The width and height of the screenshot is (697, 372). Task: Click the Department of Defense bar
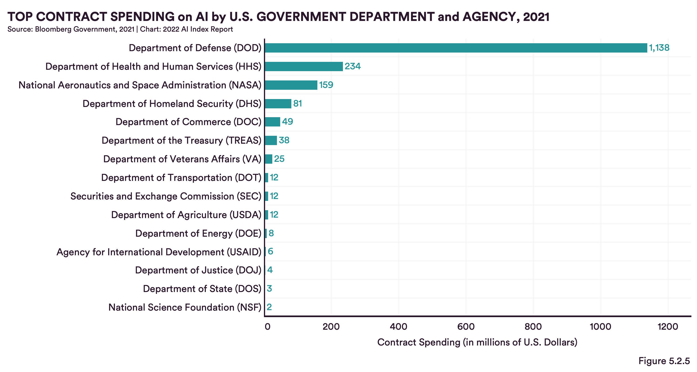pyautogui.click(x=456, y=48)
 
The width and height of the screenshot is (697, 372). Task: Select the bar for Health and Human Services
pyautogui.click(x=304, y=66)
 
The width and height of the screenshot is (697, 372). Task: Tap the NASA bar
pyautogui.click(x=291, y=85)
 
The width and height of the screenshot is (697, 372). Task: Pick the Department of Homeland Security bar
pyautogui.click(x=278, y=103)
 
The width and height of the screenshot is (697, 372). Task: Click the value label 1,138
pyautogui.click(x=659, y=48)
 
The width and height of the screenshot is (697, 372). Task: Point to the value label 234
pyautogui.click(x=352, y=66)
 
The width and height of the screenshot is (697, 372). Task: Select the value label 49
pyautogui.click(x=287, y=122)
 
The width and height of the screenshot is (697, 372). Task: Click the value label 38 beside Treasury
pyautogui.click(x=284, y=140)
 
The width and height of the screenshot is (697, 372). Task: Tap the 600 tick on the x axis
pyautogui.click(x=466, y=326)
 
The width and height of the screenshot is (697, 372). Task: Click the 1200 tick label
pyautogui.click(x=667, y=326)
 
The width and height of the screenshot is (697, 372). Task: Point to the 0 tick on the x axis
pyautogui.click(x=267, y=326)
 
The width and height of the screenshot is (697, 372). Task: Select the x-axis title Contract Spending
pyautogui.click(x=477, y=342)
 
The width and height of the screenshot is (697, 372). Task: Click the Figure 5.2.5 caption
pyautogui.click(x=664, y=361)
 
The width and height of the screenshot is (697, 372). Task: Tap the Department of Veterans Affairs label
pyautogui.click(x=182, y=159)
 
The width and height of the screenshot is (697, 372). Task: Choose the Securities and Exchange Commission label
pyautogui.click(x=166, y=196)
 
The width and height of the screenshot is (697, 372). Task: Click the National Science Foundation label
pyautogui.click(x=184, y=307)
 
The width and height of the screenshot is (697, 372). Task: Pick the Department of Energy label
pyautogui.click(x=198, y=233)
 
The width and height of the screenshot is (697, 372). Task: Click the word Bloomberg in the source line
pyautogui.click(x=53, y=29)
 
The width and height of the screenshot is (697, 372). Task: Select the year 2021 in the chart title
pyautogui.click(x=536, y=17)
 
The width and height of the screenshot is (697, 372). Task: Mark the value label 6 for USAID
pyautogui.click(x=270, y=252)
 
